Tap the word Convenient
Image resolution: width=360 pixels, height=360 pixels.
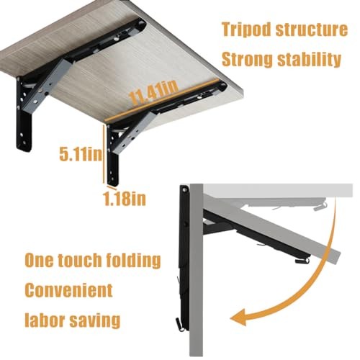[x=69, y=291]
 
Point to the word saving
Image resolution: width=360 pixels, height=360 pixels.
[x=96, y=320]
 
